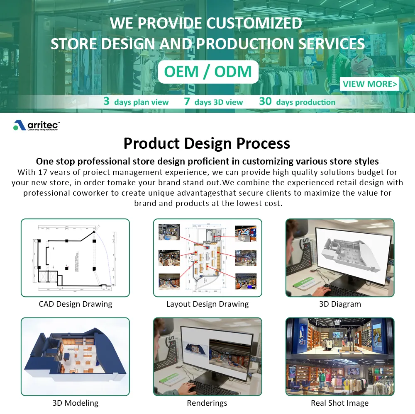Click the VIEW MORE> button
[x=369, y=84]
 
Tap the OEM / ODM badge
[x=208, y=72]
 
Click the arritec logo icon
[x=20, y=125]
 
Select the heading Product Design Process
[x=207, y=143]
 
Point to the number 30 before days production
[x=266, y=102]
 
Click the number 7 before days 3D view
[x=187, y=102]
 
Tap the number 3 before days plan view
[x=107, y=102]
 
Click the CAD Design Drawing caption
[x=76, y=304]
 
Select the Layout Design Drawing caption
[x=207, y=304]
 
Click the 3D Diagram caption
[x=340, y=304]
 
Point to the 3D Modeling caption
[x=76, y=402]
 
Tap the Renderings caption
[x=207, y=402]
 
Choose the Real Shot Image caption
[x=339, y=402]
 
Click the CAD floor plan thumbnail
[x=76, y=257]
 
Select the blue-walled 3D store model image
[x=76, y=356]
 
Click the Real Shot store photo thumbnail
[x=340, y=356]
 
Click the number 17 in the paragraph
[x=41, y=172]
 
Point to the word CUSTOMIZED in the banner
[x=255, y=24]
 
